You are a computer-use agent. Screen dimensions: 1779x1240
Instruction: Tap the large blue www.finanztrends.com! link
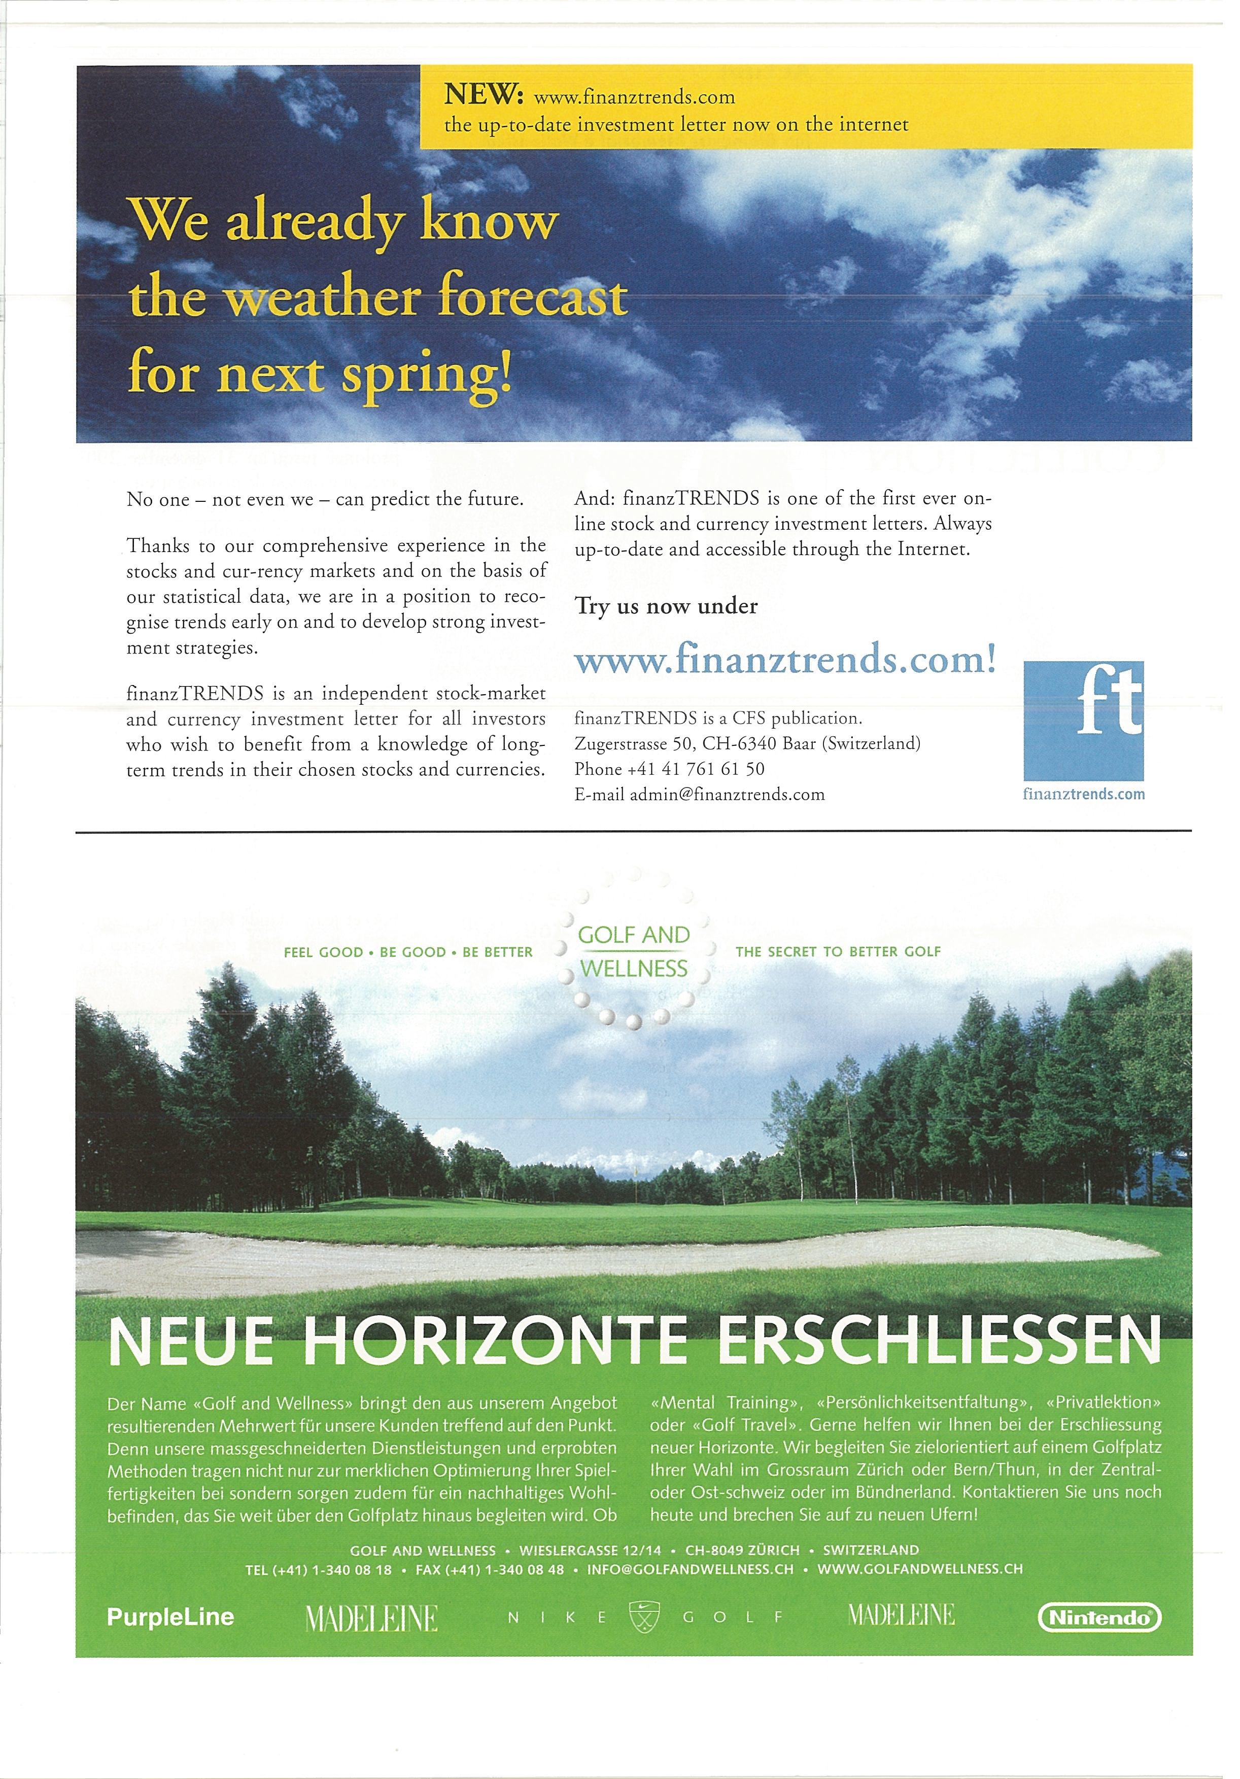(x=784, y=661)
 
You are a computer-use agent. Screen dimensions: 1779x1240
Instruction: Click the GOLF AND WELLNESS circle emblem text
(x=634, y=951)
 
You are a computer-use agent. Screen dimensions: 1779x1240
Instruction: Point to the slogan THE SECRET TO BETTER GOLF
(x=838, y=951)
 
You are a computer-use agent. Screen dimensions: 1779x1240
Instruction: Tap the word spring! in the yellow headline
(x=428, y=373)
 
